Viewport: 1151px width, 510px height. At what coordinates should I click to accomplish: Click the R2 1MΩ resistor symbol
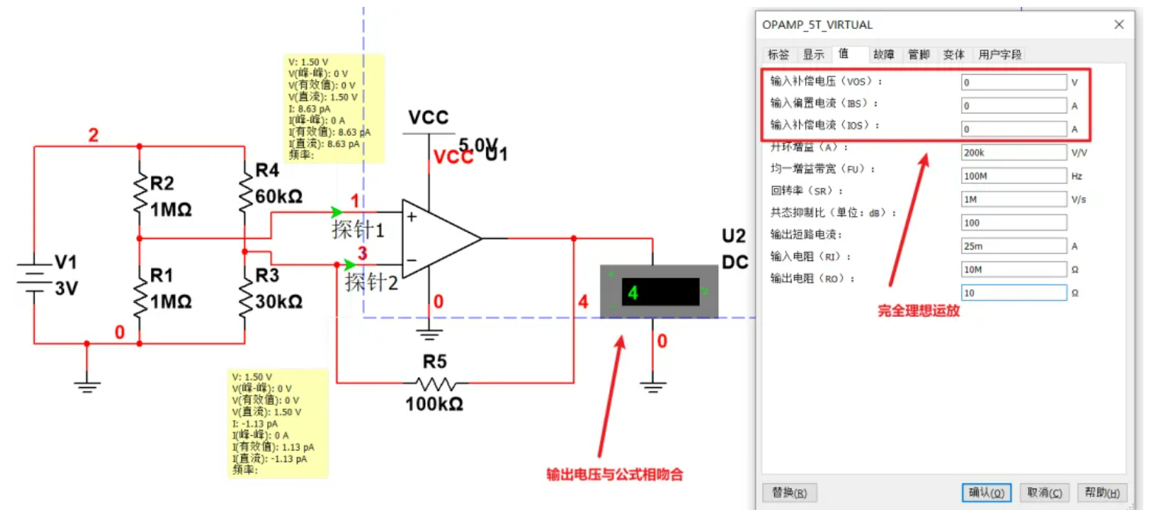[x=140, y=193]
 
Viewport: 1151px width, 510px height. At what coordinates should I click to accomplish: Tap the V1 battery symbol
[x=34, y=280]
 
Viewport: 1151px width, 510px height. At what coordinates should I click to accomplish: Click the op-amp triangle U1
[x=439, y=238]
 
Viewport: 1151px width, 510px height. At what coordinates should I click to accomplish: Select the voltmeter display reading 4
[x=659, y=292]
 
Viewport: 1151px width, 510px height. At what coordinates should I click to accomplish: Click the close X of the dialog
[x=1119, y=24]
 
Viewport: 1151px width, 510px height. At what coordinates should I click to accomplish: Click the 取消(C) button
[x=1045, y=492]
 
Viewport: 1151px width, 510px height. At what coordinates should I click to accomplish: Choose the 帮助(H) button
[x=1101, y=492]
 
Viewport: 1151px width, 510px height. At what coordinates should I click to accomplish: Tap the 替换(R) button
[x=790, y=492]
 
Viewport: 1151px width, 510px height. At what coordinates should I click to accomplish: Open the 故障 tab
[x=884, y=54]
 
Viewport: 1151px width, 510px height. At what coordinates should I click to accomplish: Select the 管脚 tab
[x=918, y=54]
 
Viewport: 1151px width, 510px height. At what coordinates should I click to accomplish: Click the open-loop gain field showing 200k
[x=1014, y=153]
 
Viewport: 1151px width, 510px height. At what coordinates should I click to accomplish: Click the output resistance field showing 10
[x=1014, y=293]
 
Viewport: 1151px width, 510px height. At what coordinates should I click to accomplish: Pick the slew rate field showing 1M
[x=1014, y=199]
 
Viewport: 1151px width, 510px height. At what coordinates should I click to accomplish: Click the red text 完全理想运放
[x=918, y=311]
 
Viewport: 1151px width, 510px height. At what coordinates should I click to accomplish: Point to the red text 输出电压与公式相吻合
[x=614, y=474]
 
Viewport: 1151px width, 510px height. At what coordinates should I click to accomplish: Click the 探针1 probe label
[x=358, y=229]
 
